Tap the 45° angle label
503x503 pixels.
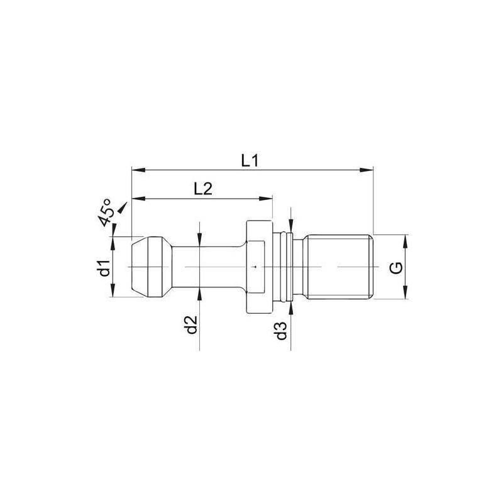[106, 212]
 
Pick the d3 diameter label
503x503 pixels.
[282, 330]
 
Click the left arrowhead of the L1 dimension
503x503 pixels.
[136, 170]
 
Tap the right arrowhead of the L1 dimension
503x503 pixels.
[369, 170]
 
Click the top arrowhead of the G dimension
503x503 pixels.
[406, 239]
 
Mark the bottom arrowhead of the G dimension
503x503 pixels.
[406, 296]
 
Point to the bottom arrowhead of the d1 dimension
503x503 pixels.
[113, 295]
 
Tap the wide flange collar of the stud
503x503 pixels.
[259, 267]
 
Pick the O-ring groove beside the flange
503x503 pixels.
[290, 267]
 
